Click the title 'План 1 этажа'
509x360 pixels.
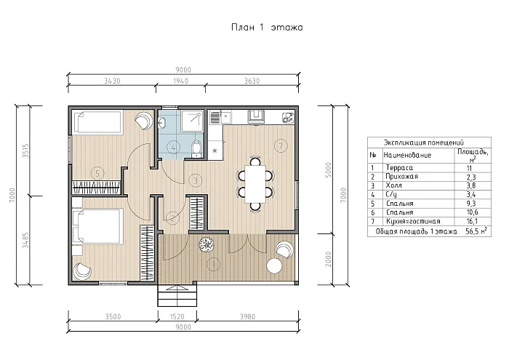coord(267,27)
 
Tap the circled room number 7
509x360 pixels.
coord(281,145)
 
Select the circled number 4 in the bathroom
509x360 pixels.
coord(173,148)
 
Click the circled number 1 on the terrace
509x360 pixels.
coord(214,264)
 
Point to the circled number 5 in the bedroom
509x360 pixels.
coord(97,173)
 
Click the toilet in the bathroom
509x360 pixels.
coord(196,148)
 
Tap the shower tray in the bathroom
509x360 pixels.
coord(192,121)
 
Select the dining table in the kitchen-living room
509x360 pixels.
coord(255,184)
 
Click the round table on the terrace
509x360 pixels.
coord(274,265)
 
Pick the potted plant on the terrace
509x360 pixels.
coord(206,244)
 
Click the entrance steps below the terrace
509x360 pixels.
coord(177,295)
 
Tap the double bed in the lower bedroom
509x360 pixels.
coord(97,226)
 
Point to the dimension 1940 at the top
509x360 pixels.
coord(181,81)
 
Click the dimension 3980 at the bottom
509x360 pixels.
coord(248,316)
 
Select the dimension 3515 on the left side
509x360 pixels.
coord(25,151)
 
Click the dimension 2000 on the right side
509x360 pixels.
coord(328,259)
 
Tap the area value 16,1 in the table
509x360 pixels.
coord(472,221)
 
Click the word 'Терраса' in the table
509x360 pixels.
coord(399,168)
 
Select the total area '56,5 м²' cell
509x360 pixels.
coord(476,231)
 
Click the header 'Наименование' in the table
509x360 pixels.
coord(407,155)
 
